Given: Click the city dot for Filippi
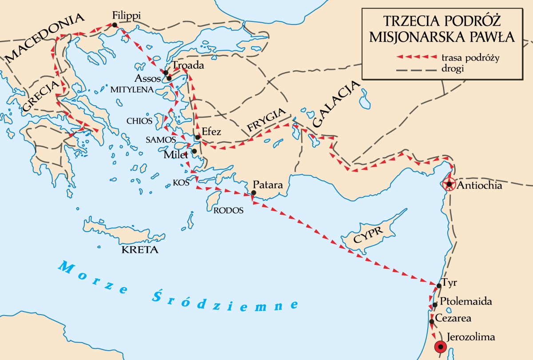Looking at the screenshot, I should click(115, 25).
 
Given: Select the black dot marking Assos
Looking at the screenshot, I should click(169, 79).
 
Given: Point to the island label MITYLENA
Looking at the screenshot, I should click(132, 89).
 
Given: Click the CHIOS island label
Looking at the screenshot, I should click(139, 120).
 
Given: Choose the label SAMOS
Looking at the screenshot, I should click(158, 139).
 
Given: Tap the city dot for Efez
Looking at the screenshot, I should click(198, 137).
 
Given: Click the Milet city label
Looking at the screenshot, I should click(176, 155).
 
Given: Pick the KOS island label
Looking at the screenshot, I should click(181, 182).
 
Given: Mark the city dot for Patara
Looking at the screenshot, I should click(253, 193).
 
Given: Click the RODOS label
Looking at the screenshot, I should click(229, 211).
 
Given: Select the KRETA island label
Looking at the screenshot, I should click(140, 250).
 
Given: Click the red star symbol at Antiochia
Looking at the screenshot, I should click(449, 184).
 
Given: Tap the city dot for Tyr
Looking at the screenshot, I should click(438, 286).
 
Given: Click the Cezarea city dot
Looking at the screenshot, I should click(431, 321).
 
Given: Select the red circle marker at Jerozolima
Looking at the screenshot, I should click(440, 347).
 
